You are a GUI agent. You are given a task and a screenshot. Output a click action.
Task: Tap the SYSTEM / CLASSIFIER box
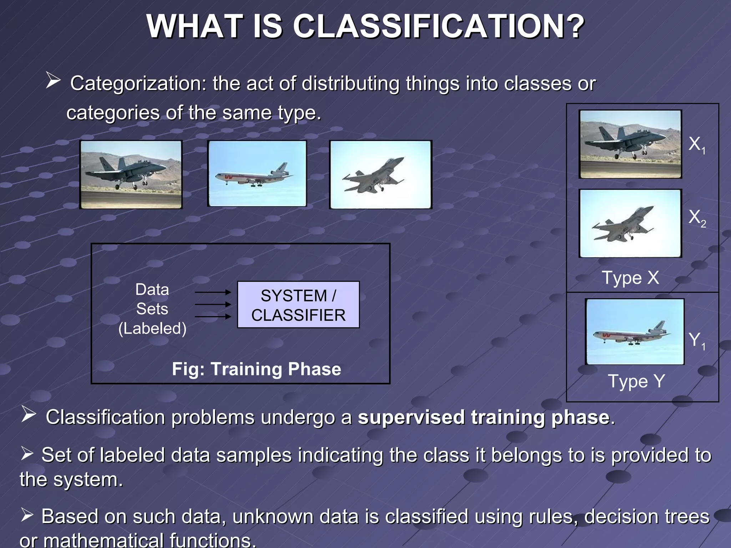pos(298,305)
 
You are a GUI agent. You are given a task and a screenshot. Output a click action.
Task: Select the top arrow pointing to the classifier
pos(213,292)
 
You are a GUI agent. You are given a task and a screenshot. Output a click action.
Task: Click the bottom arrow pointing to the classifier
pos(213,316)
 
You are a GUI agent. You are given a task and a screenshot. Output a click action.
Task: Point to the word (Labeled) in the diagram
pos(152,328)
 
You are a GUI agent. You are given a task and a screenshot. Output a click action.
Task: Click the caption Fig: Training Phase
pos(256,369)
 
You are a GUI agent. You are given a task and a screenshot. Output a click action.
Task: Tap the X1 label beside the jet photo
pos(696,144)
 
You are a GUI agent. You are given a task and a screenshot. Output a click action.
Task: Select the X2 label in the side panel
pos(696,218)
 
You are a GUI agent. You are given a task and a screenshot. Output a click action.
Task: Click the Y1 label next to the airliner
pos(696,340)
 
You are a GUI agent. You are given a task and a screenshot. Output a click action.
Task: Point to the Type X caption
pos(630,278)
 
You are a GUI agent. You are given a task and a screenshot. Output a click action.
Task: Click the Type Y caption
pos(636,381)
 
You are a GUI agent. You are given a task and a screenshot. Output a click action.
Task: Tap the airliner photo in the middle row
pos(257,173)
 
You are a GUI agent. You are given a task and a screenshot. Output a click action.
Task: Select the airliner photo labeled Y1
pos(635,332)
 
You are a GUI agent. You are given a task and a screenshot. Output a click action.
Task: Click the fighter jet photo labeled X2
pos(630,223)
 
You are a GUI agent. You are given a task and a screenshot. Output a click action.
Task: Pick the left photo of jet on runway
pos(131,174)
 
